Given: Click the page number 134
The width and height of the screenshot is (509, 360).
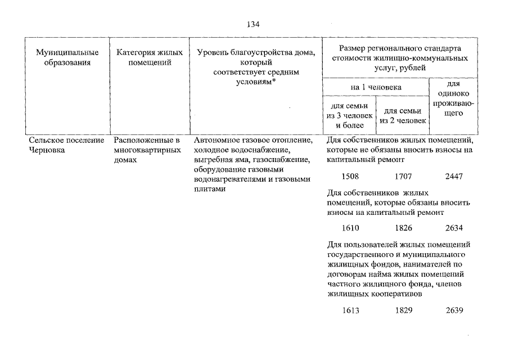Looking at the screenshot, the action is tap(253, 24).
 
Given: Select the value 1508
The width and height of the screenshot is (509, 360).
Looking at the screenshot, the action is tap(350, 176).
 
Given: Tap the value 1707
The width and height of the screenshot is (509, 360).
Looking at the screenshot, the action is tap(403, 176).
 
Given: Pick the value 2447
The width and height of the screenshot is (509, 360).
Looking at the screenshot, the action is tap(454, 176).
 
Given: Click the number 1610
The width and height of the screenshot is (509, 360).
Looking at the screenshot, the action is tap(350, 228).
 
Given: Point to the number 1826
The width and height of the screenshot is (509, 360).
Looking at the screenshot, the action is tap(403, 228).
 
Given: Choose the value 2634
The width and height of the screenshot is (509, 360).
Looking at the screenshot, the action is tap(454, 228).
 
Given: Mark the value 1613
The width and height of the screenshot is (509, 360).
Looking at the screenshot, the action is tap(350, 310).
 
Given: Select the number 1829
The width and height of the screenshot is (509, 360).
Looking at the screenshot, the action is tap(404, 310).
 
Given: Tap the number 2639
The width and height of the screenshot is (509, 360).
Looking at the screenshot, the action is tap(454, 310).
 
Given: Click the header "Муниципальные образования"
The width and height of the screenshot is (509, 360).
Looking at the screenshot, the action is tap(67, 57).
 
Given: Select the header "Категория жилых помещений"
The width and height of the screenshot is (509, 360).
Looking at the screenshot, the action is tap(150, 57).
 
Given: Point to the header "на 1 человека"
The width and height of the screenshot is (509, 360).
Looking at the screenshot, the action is tap(376, 87).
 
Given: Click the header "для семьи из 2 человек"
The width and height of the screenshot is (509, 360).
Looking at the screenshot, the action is tap(403, 116).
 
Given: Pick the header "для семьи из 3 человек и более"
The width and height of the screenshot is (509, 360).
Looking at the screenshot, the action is tap(350, 115).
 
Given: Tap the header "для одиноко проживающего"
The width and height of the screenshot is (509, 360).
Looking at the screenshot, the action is tap(453, 98).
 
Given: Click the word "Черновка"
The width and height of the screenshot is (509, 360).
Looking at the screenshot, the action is tap(47, 150).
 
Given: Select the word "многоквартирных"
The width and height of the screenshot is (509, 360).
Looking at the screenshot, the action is tap(147, 150).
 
